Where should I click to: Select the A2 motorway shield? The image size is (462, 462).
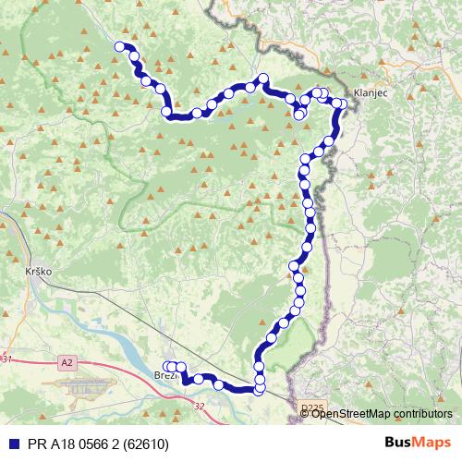tap(67, 362)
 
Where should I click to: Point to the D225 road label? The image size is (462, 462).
tap(313, 407)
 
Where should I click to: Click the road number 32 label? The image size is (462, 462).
tap(199, 406)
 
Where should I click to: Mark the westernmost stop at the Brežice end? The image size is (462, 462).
tap(166, 366)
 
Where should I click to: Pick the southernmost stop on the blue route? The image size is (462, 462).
tap(258, 390)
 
